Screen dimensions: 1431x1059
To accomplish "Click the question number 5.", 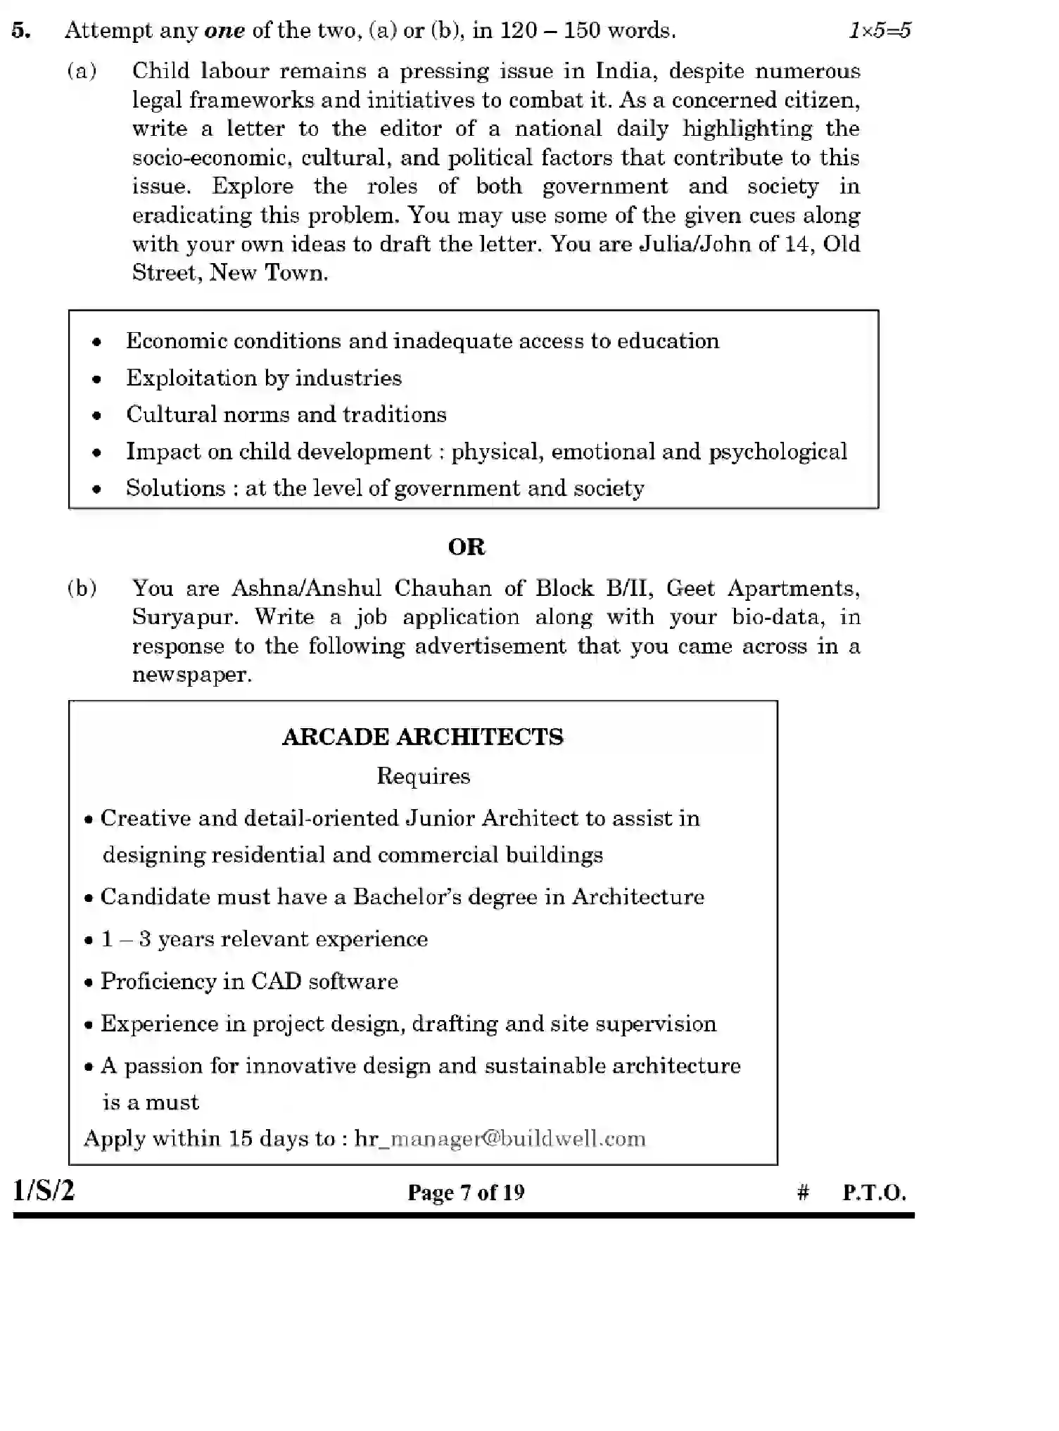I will [20, 30].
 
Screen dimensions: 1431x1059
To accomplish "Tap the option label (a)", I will [82, 70].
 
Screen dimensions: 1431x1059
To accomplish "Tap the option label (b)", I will [82, 587].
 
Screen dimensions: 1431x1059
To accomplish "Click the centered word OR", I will [467, 547].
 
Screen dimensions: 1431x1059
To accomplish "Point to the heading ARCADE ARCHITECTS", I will [422, 737].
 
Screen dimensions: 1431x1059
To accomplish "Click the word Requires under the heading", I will [423, 775].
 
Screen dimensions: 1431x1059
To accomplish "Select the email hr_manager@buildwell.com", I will [500, 1138].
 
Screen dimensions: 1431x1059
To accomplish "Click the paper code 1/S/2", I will [43, 1190].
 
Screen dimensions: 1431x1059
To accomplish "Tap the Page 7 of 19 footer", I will [466, 1192].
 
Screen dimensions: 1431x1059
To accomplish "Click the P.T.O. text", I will [874, 1192].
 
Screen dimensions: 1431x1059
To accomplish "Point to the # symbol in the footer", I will [803, 1192].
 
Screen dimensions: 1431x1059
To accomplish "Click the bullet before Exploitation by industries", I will [96, 379].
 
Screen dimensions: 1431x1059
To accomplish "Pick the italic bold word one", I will [224, 30].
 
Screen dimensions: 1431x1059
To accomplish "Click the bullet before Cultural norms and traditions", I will [96, 416].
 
